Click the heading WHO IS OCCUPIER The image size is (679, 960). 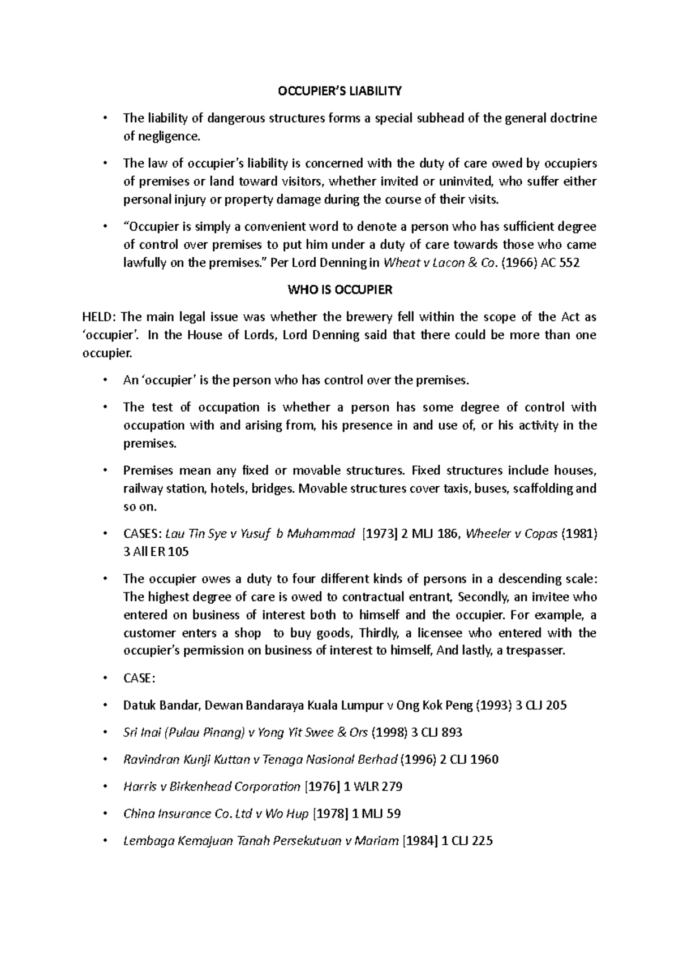[x=339, y=290]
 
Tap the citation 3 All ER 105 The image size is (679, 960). [x=156, y=552]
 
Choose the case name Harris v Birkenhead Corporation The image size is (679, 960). [x=211, y=786]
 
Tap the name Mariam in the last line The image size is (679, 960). [x=376, y=841]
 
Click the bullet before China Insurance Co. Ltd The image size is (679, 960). [x=105, y=814]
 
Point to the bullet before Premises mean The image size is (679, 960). [x=105, y=470]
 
